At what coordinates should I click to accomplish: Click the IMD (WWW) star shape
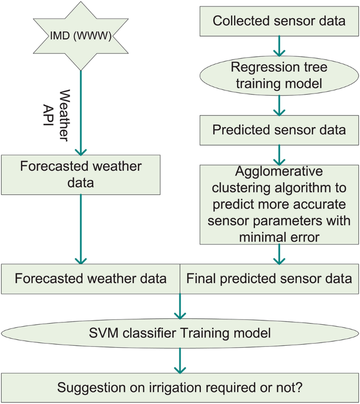81,37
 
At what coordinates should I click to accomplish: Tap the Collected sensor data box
279,22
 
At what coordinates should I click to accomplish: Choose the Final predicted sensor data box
269,278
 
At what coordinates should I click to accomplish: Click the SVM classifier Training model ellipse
180,332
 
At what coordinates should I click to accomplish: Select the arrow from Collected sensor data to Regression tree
279,46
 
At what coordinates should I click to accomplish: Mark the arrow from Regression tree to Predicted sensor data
279,105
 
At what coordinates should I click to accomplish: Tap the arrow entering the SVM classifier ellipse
180,306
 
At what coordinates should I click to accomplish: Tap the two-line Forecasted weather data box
80,173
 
